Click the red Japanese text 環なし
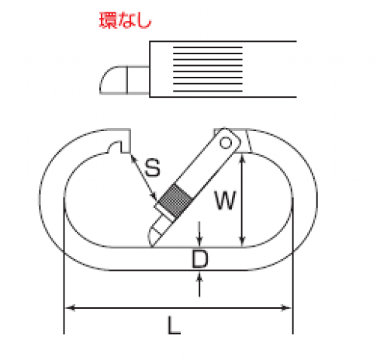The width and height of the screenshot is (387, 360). point(126,20)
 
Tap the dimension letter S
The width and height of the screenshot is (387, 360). point(153,168)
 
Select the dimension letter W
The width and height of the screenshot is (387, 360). point(226,200)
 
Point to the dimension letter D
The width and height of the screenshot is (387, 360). point(199,259)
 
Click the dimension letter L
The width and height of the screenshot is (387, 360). point(174,325)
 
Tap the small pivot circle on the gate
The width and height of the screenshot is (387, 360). point(226,143)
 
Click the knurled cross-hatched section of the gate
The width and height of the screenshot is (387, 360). point(175,200)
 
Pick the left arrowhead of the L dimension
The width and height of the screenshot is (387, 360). point(70,308)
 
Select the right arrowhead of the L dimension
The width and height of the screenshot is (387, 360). point(286,308)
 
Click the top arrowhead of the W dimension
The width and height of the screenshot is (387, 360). point(242,158)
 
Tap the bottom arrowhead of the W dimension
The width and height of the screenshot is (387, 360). point(242,241)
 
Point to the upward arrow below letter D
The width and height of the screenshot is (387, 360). point(199,284)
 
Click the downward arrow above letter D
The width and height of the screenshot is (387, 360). point(199,234)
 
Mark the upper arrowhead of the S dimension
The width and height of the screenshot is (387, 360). point(133,158)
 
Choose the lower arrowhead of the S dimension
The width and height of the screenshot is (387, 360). point(154,196)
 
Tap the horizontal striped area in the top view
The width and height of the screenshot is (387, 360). point(208,69)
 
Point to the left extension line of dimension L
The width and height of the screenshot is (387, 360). point(64,265)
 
